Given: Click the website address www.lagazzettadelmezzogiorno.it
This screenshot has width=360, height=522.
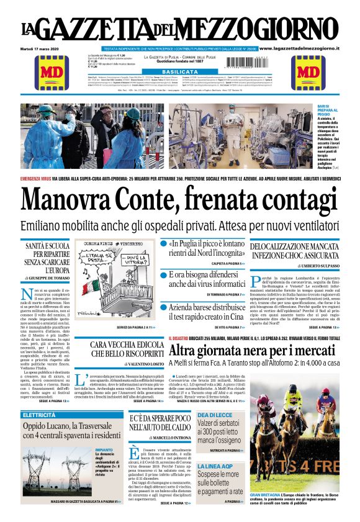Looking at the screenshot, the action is [x=307, y=48].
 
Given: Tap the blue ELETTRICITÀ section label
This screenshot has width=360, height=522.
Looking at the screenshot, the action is [x=40, y=413].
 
